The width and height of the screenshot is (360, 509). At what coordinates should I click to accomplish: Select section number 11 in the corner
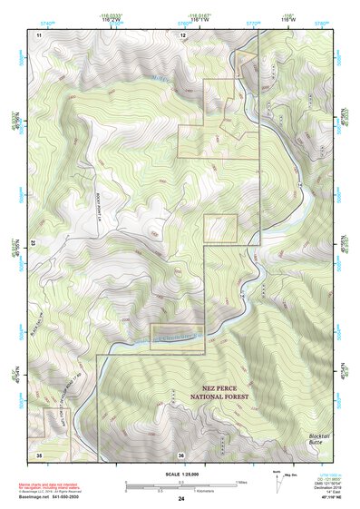pos(39,34)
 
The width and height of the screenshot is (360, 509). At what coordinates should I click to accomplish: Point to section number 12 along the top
pos(182,34)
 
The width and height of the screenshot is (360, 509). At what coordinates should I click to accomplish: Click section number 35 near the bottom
pos(39,454)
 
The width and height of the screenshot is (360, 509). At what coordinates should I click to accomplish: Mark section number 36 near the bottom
pos(181,454)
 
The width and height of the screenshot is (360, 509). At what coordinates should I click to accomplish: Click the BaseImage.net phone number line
pos(51,497)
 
